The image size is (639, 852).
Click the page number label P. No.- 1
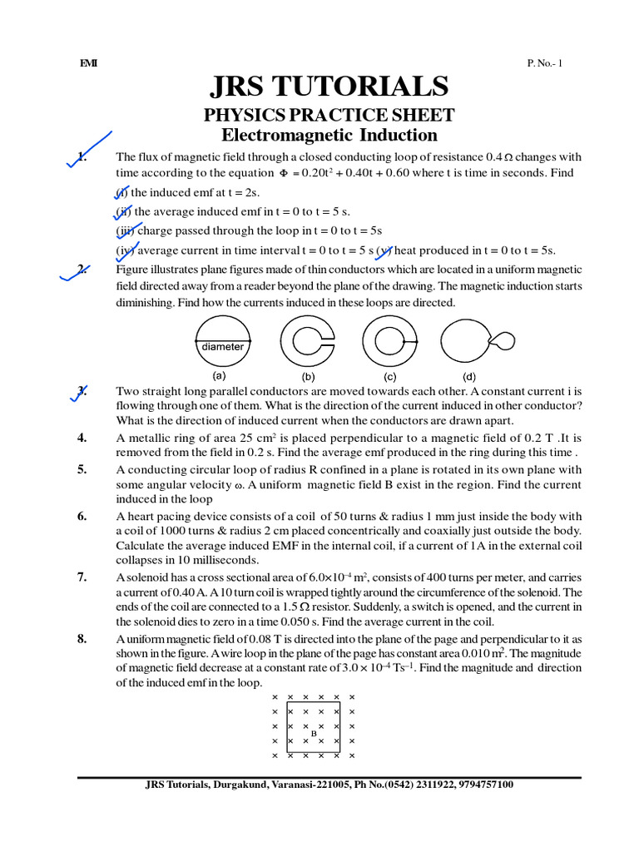pyautogui.click(x=544, y=63)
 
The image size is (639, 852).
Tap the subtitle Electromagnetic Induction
pyautogui.click(x=329, y=135)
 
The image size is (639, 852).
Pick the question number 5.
pyautogui.click(x=82, y=469)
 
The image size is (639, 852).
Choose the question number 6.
pyautogui.click(x=82, y=516)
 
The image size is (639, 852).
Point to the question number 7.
pyautogui.click(x=82, y=577)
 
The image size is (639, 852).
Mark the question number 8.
pyautogui.click(x=82, y=639)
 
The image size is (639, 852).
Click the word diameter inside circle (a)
pyautogui.click(x=222, y=347)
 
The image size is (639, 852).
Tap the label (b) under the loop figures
pyautogui.click(x=308, y=376)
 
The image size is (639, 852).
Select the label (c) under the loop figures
pyautogui.click(x=389, y=376)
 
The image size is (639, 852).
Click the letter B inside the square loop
pyautogui.click(x=314, y=733)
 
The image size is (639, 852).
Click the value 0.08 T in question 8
pyautogui.click(x=257, y=639)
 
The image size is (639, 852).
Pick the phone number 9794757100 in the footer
pyautogui.click(x=483, y=785)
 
